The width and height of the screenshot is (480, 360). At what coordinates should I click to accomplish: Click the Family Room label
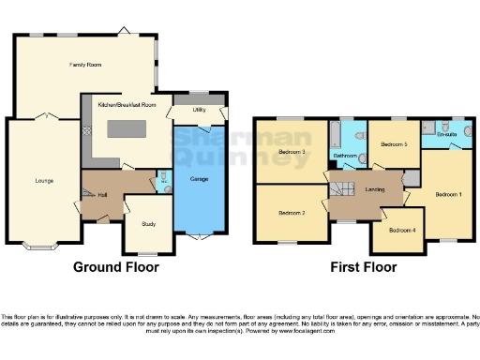[84, 65]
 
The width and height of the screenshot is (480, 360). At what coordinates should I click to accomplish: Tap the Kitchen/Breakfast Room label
[127, 106]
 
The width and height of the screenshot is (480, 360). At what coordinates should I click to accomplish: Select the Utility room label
[199, 110]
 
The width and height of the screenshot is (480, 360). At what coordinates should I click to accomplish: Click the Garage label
[199, 177]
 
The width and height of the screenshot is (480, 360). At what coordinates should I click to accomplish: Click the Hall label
[102, 194]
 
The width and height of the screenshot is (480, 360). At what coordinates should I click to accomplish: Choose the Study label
[147, 224]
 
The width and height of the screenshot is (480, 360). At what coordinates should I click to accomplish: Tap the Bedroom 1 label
[448, 194]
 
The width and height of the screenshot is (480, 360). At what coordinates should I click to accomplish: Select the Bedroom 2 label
[292, 213]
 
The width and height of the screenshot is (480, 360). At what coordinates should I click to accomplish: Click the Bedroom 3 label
[292, 152]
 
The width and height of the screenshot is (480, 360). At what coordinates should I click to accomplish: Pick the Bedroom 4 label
[402, 230]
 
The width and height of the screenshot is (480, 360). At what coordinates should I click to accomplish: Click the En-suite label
[447, 135]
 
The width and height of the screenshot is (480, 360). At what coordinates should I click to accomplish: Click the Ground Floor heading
[116, 267]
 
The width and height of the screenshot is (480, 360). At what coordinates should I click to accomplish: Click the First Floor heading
[363, 267]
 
